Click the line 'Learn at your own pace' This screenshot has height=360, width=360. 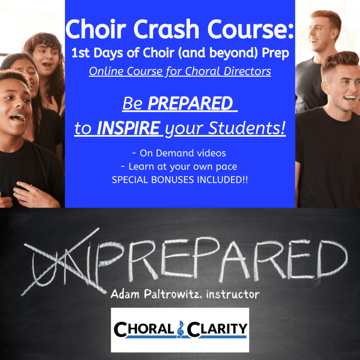180,166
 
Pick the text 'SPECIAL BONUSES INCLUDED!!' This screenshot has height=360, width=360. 180,180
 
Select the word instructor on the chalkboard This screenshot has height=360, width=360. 233,294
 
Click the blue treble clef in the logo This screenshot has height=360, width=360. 180,329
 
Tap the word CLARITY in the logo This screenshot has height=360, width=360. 217,329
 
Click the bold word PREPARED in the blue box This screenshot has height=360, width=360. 190,104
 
